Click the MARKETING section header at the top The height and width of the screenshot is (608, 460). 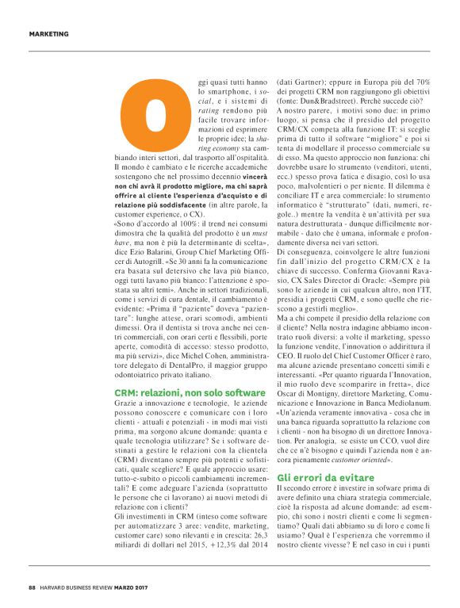coord(48,34)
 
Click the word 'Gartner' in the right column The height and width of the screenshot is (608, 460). coord(308,81)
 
